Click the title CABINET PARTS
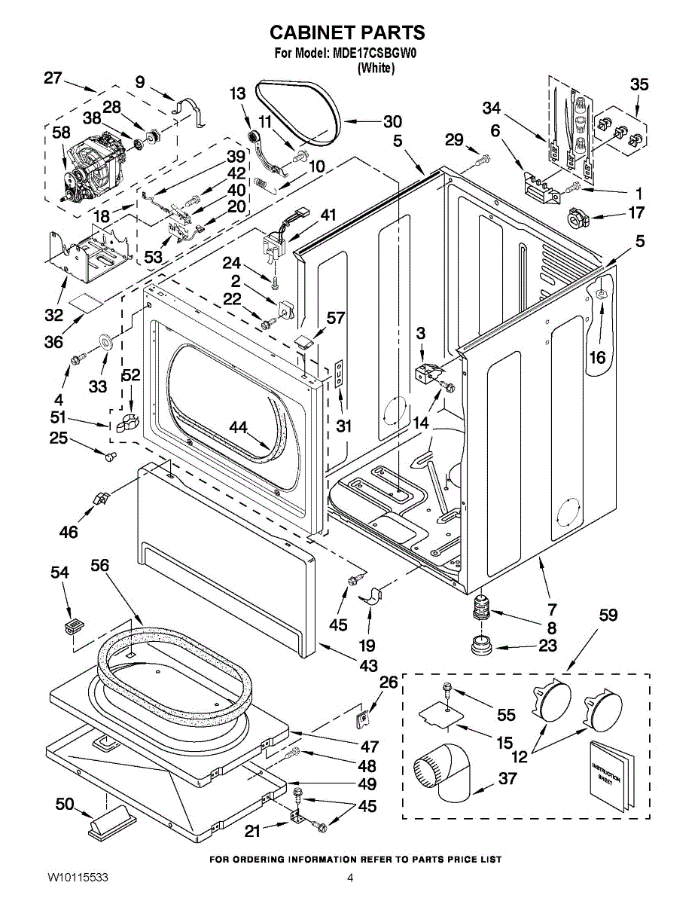pyautogui.click(x=347, y=32)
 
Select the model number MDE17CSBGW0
pyautogui.click(x=374, y=54)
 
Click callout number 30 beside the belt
pyautogui.click(x=392, y=121)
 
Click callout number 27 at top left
pyautogui.click(x=52, y=78)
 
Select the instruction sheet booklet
pyautogui.click(x=607, y=775)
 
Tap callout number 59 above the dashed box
pyautogui.click(x=608, y=615)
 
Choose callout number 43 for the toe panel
pyautogui.click(x=368, y=666)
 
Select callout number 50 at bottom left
pyautogui.click(x=65, y=805)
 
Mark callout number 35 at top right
pyautogui.click(x=639, y=84)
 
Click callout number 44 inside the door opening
pyautogui.click(x=239, y=428)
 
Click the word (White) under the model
pyautogui.click(x=376, y=69)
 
